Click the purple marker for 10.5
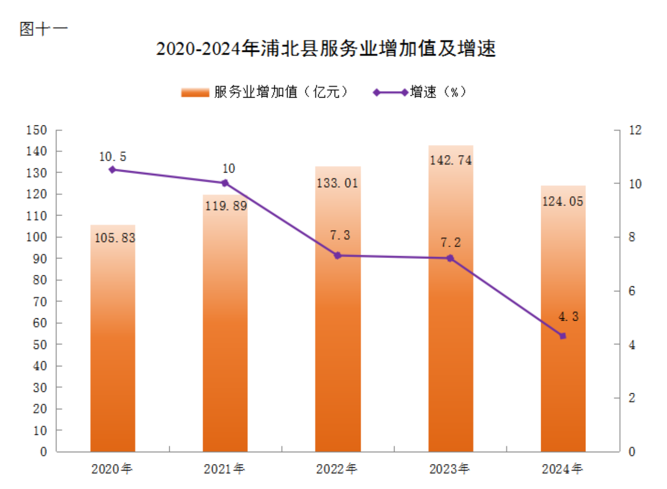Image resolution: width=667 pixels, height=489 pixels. coord(112,170)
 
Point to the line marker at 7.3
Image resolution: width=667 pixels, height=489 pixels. coord(338,256)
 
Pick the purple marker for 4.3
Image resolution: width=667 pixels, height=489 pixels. coord(562,336)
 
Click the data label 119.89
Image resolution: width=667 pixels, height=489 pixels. coord(226,206)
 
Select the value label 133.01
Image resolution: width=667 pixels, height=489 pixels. coord(338,183)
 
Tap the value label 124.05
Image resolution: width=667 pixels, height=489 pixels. coord(563,202)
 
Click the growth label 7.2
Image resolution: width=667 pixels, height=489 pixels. coord(451,243)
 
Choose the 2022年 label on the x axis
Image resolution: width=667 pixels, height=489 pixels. coord(337,469)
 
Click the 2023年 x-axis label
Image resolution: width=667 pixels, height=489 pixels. coord(449,469)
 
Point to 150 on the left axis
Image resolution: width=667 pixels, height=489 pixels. coord(37,130)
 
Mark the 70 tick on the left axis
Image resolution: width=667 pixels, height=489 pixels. coord(40,302)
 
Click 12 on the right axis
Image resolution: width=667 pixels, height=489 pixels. coord(635,130)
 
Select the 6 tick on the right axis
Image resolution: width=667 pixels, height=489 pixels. coord(632,291)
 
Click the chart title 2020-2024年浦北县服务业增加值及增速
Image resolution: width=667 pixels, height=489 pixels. coord(326,49)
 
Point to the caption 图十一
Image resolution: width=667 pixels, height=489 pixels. coord(43,29)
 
